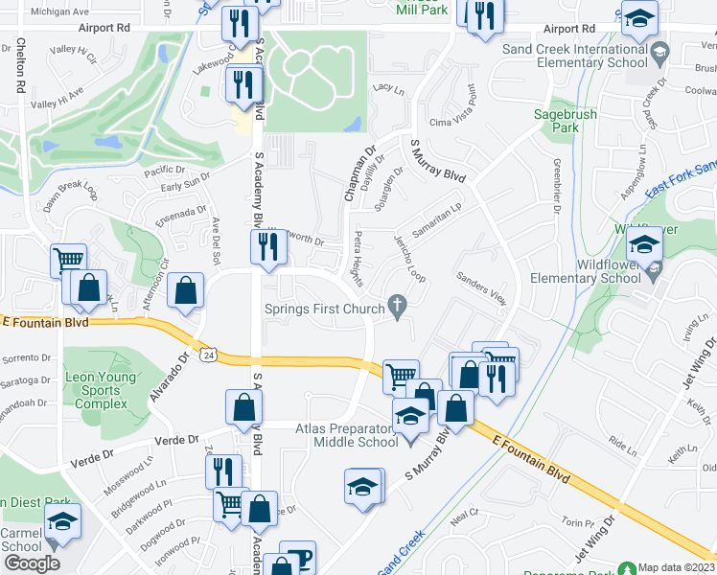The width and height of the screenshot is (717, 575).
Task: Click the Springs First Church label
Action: (x=325, y=309)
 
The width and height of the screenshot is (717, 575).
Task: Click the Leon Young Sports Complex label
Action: (x=96, y=390)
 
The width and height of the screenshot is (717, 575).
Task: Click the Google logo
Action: (x=31, y=563)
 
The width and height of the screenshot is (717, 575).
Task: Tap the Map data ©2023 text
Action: (x=677, y=567)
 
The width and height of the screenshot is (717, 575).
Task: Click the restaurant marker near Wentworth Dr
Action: (x=264, y=246)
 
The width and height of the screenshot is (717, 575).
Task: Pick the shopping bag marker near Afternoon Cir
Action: (x=185, y=291)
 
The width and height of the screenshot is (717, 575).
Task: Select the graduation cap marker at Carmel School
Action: (x=61, y=520)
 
